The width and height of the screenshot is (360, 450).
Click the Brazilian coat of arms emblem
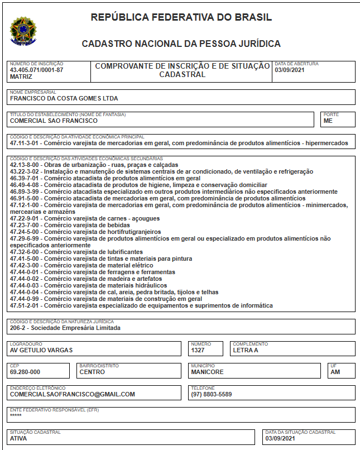point(23,31)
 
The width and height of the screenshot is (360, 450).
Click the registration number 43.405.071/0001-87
point(37,70)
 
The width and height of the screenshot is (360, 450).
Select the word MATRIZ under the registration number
point(21,76)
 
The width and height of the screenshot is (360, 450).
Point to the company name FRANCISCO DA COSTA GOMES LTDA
point(64,98)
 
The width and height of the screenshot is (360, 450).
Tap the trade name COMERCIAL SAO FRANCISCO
point(54,121)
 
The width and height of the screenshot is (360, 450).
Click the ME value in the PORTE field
point(328,121)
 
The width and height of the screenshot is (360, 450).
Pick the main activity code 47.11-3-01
point(26,143)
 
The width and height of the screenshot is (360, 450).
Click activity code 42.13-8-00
point(26,165)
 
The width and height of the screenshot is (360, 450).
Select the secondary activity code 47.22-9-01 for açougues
point(26,218)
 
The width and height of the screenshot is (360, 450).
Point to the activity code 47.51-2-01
point(26,305)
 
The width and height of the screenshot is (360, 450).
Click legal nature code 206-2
point(19,328)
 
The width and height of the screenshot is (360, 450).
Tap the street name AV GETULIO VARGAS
point(42,350)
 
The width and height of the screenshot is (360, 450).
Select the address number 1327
point(198,350)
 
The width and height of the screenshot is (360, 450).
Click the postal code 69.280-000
point(25,372)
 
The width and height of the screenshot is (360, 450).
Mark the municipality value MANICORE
point(207,372)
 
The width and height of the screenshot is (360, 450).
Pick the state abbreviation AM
point(335,372)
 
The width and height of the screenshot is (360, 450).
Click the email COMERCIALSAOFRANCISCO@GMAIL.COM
point(73,394)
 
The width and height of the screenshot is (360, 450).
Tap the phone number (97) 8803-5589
point(212,394)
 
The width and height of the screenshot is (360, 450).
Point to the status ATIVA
point(18,438)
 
